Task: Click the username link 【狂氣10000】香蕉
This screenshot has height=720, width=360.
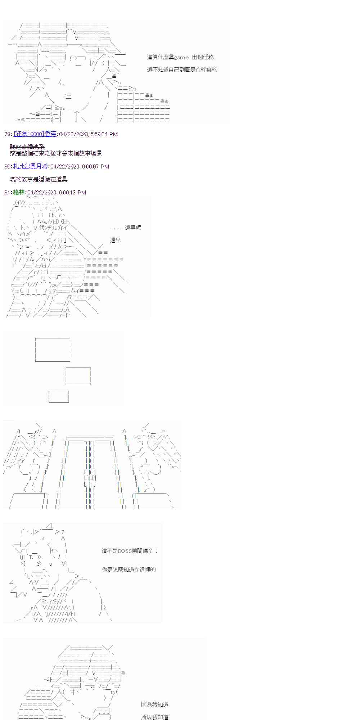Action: pos(35,134)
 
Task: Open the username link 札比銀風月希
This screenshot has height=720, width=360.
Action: pos(30,167)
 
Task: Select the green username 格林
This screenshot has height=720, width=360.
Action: pos(19,193)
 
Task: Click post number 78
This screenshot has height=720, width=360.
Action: pos(7,134)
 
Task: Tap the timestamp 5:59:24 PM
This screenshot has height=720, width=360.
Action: pos(104,134)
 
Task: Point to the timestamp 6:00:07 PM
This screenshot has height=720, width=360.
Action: pos(95,167)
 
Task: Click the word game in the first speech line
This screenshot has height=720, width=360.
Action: pos(181,57)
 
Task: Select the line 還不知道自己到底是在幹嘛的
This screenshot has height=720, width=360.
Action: pos(182,69)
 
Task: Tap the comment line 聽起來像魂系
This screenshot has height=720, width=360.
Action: pos(27,147)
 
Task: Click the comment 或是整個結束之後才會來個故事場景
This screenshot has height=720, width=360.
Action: pos(56,153)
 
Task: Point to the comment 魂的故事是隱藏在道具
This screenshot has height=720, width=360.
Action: pos(39,179)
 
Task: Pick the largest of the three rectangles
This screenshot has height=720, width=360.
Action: pos(53,350)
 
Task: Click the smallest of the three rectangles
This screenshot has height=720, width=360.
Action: pos(59,396)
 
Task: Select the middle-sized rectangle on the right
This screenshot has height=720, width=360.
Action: pos(78,376)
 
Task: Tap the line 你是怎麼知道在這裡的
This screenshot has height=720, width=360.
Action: pos(129,570)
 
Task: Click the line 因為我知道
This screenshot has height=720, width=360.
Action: pos(155,705)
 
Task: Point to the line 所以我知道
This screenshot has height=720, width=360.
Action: pos(155,717)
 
